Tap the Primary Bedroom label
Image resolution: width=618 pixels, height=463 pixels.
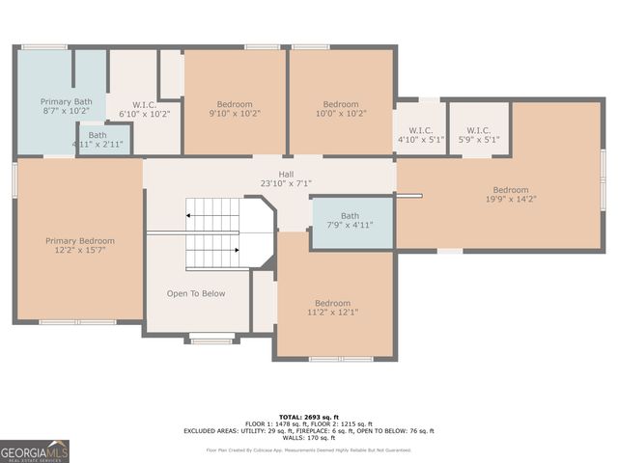[80, 241]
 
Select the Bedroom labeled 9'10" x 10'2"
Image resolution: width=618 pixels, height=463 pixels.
[235, 104]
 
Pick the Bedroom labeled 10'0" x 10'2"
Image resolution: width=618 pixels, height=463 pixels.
[341, 104]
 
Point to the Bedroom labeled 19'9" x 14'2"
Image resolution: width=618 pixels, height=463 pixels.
[511, 190]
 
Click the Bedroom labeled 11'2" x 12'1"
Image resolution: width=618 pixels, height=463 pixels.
[332, 303]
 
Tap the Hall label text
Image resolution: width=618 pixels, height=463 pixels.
[286, 174]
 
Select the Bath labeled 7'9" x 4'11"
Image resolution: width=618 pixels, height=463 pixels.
[350, 216]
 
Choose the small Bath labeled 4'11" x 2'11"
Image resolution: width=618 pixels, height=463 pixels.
[98, 135]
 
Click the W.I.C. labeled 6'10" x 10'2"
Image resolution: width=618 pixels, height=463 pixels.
[144, 104]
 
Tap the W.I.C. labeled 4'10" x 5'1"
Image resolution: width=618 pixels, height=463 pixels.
[420, 130]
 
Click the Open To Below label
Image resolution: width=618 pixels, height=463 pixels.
[196, 293]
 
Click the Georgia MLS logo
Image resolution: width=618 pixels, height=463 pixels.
[35, 451]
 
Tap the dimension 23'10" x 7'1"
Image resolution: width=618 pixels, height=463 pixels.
[286, 183]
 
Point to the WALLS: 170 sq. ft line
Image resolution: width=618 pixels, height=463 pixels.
[309, 439]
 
